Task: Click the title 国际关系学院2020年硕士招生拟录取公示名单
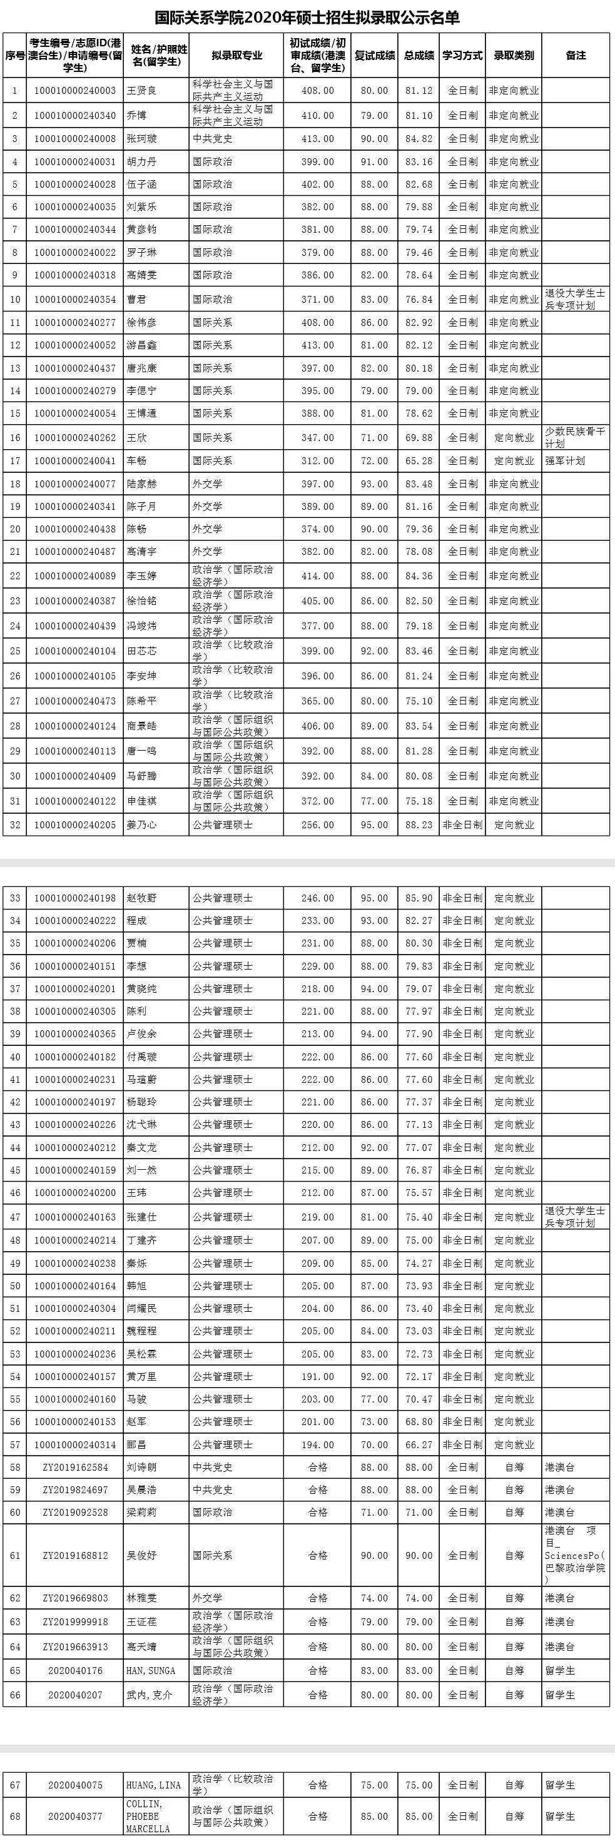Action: click(308, 17)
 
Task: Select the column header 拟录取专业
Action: click(236, 56)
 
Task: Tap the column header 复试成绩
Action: click(374, 56)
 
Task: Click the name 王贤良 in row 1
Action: click(141, 91)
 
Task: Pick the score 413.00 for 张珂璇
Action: click(318, 139)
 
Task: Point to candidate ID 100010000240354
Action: click(75, 300)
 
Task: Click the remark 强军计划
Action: click(565, 461)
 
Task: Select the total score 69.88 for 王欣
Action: click(419, 437)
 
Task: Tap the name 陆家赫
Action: click(141, 484)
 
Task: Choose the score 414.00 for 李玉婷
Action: click(318, 576)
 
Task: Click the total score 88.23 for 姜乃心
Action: click(419, 824)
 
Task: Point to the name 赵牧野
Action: click(141, 898)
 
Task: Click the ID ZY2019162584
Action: click(75, 1461)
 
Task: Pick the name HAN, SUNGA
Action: click(151, 1670)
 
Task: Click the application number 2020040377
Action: click(75, 1816)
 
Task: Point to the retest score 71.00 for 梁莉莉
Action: click(374, 1506)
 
